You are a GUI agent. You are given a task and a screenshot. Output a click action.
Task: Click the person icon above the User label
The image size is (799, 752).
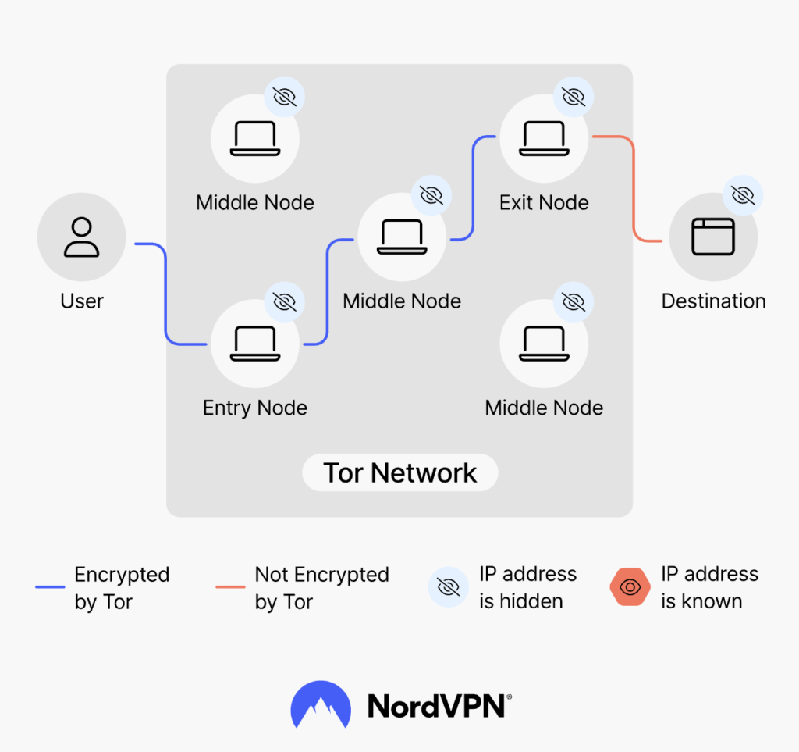(81, 237)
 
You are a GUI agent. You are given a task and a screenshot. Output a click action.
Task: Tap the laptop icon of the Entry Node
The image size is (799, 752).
(254, 344)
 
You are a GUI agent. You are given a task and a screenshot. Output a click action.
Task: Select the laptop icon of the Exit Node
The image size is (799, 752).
(544, 139)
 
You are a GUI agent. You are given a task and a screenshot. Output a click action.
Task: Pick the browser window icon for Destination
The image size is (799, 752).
(713, 237)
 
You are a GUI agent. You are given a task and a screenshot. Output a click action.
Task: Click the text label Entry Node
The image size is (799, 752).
(254, 408)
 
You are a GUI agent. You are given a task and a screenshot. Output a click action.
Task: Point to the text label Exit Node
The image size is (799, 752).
(544, 203)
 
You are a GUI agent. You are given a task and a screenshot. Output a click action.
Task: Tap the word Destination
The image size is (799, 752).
(713, 301)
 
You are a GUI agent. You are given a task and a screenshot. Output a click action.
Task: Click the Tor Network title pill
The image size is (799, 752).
(399, 473)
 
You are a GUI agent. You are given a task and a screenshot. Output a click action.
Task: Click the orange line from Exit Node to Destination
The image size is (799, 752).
(632, 187)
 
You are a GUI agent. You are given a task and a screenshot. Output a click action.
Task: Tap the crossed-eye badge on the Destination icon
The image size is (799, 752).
(743, 194)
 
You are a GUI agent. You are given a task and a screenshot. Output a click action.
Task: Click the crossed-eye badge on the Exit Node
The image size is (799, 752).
(574, 97)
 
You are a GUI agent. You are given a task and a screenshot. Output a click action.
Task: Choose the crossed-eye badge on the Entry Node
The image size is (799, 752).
(285, 301)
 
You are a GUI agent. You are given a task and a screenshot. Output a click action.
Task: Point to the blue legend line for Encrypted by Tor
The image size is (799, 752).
(50, 587)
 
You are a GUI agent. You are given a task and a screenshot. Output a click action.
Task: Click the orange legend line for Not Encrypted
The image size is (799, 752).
(230, 587)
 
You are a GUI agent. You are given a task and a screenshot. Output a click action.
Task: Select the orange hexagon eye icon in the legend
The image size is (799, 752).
(630, 587)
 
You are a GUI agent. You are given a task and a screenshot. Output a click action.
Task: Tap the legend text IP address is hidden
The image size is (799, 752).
(527, 587)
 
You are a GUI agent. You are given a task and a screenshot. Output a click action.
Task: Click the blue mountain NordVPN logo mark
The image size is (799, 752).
(320, 704)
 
